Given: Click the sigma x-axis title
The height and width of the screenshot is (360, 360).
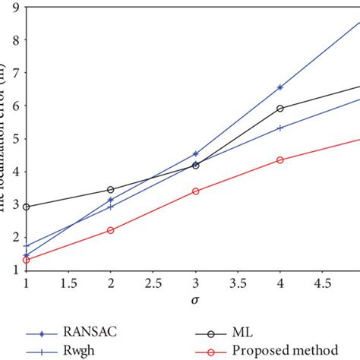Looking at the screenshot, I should tap(194, 300).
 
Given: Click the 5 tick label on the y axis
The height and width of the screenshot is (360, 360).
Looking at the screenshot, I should tap(15, 139).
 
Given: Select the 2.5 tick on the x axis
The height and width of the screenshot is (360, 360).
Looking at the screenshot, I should tap(153, 282).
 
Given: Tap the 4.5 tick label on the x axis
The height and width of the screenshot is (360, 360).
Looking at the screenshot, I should tap(323, 282).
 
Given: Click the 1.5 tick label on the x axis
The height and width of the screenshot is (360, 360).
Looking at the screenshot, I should tap(68, 282).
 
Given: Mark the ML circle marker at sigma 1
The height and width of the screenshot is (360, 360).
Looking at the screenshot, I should tap(26, 207).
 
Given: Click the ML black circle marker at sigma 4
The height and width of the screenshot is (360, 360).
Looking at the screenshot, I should tap(280, 109).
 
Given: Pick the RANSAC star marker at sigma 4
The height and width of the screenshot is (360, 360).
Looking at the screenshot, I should tap(280, 87).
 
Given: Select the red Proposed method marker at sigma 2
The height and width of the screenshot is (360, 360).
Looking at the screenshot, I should tap(111, 230).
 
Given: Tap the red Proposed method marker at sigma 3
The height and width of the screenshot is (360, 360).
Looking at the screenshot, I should tap(196, 191).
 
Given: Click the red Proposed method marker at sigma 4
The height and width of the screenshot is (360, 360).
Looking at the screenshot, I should tap(280, 159).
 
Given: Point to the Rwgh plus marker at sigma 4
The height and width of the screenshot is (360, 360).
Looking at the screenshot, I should tap(280, 128).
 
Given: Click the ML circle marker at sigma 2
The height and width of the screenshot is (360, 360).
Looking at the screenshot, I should tap(111, 190).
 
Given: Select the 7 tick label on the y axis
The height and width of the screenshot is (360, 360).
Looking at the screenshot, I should tap(15, 74).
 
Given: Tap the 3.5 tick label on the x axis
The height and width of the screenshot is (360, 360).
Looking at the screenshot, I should tap(238, 282).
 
